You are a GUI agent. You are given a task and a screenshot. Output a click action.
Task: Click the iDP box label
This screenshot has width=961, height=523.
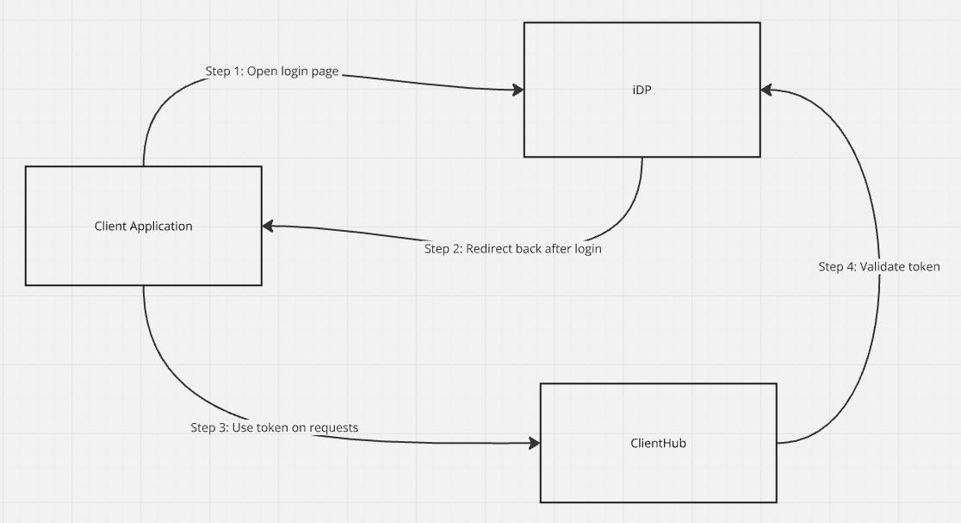[x=642, y=90]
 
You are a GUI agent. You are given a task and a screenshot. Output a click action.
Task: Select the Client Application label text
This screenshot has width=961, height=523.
[x=143, y=227]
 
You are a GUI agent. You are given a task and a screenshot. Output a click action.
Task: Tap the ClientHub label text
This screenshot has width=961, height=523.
[x=658, y=443]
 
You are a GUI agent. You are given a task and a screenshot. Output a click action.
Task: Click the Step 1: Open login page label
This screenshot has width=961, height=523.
[x=271, y=72]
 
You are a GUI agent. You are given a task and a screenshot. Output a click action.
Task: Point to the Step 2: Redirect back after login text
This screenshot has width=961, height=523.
[x=512, y=249]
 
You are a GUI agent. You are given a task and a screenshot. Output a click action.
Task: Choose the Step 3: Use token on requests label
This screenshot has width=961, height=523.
[x=274, y=427]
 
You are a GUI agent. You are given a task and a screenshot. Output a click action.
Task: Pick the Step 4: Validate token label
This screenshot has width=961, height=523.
[x=878, y=267]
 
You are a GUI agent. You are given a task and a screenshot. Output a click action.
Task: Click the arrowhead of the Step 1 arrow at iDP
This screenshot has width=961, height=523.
[x=518, y=90]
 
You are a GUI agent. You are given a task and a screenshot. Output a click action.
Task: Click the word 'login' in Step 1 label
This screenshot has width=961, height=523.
[x=294, y=72]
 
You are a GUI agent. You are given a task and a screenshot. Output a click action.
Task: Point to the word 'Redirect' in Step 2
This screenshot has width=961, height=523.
[x=488, y=249]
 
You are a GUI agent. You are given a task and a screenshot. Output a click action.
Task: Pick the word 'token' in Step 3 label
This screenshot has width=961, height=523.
[x=273, y=427]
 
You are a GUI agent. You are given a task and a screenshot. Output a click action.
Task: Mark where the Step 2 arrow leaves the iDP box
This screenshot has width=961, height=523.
[x=642, y=158]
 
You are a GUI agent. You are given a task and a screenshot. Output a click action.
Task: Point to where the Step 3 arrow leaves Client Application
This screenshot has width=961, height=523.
[x=143, y=285]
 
